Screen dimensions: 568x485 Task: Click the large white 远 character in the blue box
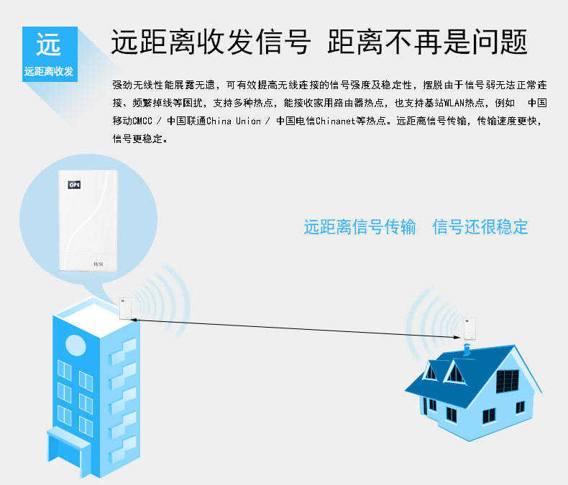coord(49,46)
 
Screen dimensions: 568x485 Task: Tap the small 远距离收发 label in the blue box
coord(49,72)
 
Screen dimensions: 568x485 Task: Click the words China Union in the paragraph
coord(233,121)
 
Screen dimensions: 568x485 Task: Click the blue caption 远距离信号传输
coord(359,227)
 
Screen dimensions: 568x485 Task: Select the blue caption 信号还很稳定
coord(480,227)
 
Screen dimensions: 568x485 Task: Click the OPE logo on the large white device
coord(74,185)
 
